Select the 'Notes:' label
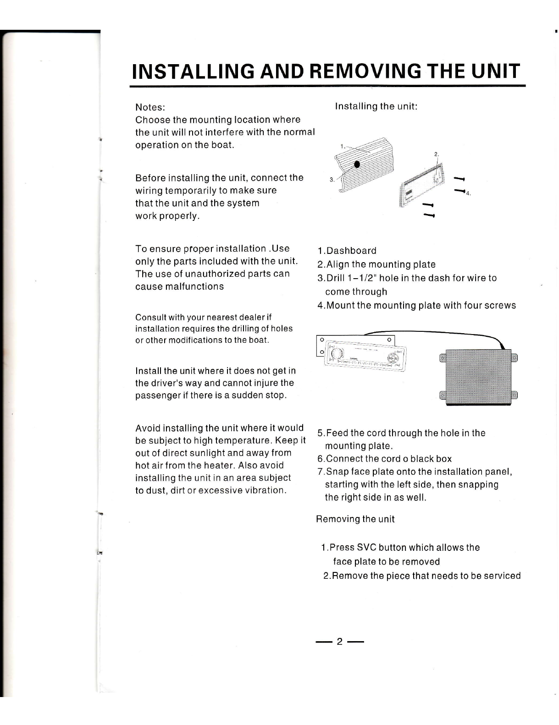point(150,107)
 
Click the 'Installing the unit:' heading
point(376,106)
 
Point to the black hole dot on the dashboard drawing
point(357,164)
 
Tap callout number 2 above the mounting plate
point(436,154)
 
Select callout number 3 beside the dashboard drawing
point(332,180)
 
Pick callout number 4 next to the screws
point(468,193)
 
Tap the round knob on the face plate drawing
point(337,354)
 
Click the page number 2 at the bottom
point(339,642)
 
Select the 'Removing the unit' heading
point(355,519)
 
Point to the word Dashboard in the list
point(351,251)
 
